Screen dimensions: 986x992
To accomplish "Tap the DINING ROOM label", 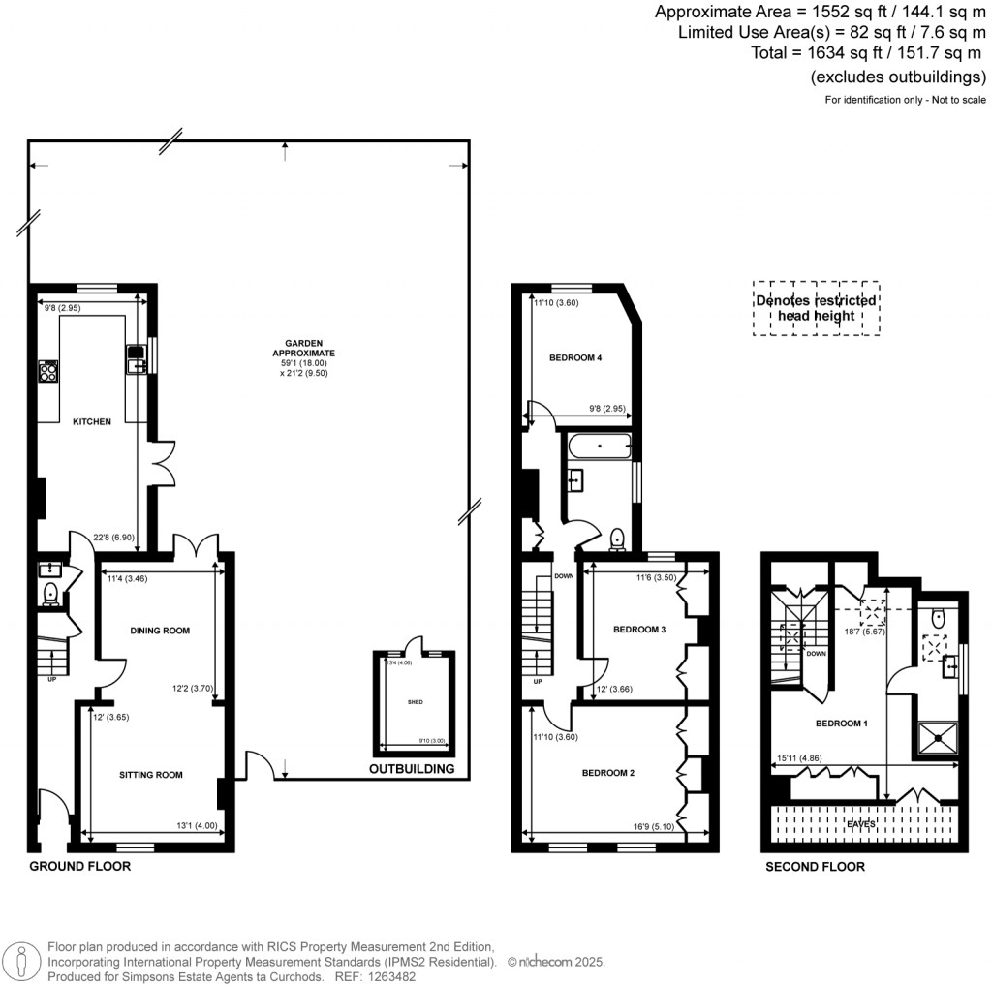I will (160, 631).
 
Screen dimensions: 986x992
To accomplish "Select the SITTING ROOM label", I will (151, 775).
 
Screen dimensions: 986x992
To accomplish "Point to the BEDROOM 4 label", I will (575, 358).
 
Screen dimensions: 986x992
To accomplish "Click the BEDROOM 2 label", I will (607, 773).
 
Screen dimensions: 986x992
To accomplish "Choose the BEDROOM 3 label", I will (639, 630).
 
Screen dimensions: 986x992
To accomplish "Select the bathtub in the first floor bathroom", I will (600, 448).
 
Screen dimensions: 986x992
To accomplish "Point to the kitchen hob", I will (48, 370).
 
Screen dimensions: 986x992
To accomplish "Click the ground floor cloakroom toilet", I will (50, 592).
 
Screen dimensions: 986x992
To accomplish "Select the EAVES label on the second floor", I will (861, 824).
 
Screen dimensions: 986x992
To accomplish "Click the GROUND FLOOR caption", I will (79, 866).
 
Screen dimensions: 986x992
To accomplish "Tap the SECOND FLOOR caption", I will (815, 867).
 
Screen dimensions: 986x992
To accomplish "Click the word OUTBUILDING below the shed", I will (412, 770).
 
